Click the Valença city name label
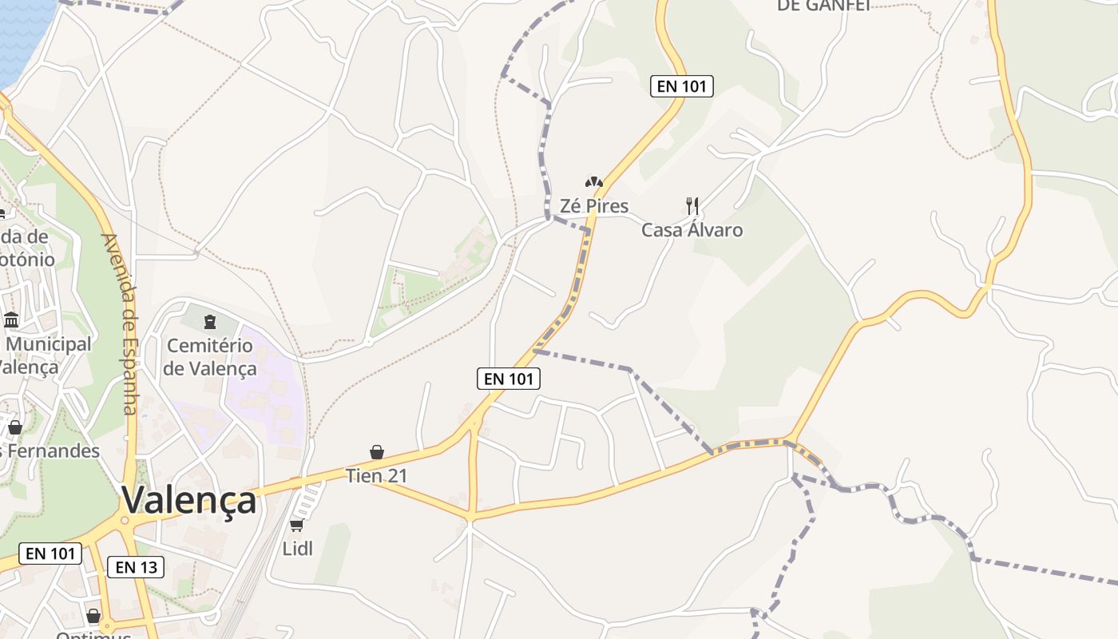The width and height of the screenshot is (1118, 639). pyautogui.click(x=189, y=501)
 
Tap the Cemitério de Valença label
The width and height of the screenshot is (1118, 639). pyautogui.click(x=210, y=357)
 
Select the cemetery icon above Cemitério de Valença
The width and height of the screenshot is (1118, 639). pyautogui.click(x=209, y=322)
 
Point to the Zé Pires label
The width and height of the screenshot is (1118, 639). pyautogui.click(x=593, y=206)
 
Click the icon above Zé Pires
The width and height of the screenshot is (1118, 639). pyautogui.click(x=593, y=182)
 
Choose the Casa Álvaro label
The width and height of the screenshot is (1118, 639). pyautogui.click(x=692, y=230)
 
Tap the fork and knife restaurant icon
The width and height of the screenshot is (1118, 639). pyautogui.click(x=692, y=206)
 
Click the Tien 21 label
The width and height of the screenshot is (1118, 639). pyautogui.click(x=376, y=476)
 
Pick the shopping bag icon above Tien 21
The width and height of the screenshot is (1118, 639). pyautogui.click(x=377, y=452)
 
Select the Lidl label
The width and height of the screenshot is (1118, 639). pyautogui.click(x=297, y=549)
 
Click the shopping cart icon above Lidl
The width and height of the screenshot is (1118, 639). pyautogui.click(x=297, y=525)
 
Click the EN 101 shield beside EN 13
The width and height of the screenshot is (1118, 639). pyautogui.click(x=50, y=553)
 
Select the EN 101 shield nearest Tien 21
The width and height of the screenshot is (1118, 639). pyautogui.click(x=509, y=379)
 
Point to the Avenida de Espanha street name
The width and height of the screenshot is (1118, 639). pyautogui.click(x=121, y=323)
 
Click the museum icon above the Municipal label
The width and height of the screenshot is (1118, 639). pyautogui.click(x=11, y=320)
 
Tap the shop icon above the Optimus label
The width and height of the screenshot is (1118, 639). pyautogui.click(x=93, y=616)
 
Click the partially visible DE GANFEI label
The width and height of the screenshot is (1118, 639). pyautogui.click(x=823, y=5)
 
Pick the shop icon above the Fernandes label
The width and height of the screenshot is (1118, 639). pyautogui.click(x=14, y=427)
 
